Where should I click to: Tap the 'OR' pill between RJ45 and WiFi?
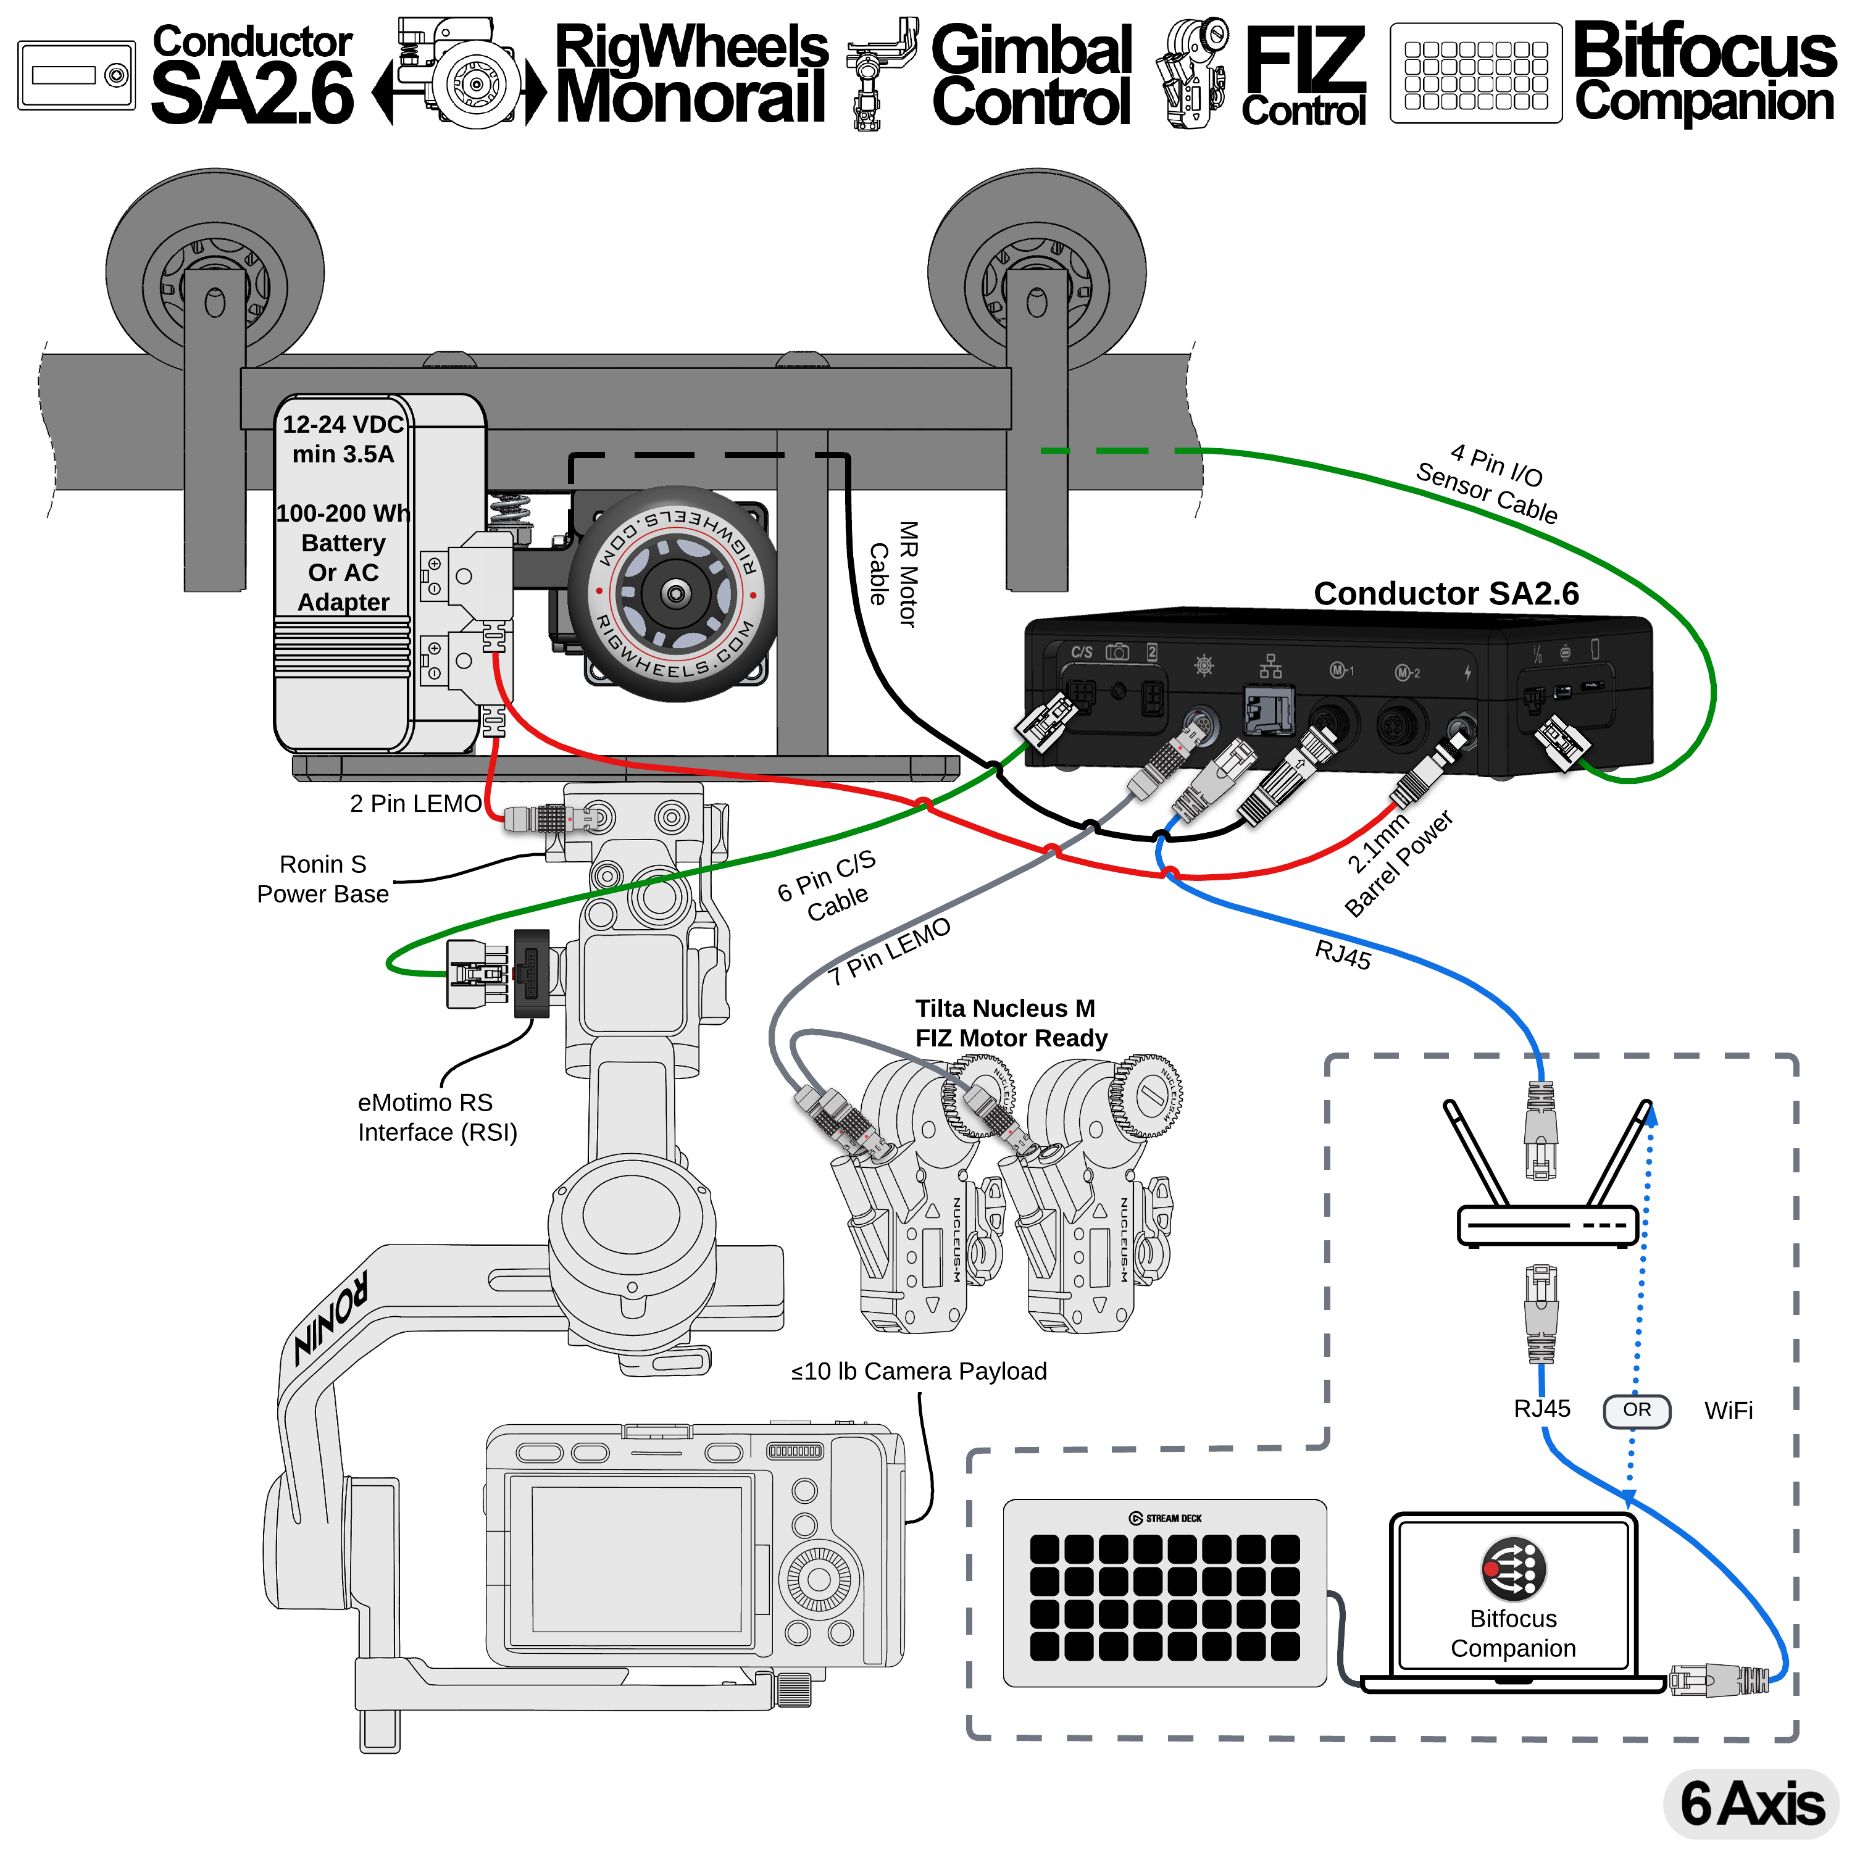click(x=1637, y=1410)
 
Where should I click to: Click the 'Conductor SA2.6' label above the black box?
click(x=1446, y=593)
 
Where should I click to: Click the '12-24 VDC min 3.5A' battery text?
click(x=343, y=438)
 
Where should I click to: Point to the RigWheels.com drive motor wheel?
click(x=676, y=594)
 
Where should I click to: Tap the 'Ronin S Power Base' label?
click(x=323, y=878)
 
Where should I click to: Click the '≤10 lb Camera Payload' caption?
click(x=919, y=1370)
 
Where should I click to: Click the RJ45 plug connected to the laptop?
click(x=1716, y=1679)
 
